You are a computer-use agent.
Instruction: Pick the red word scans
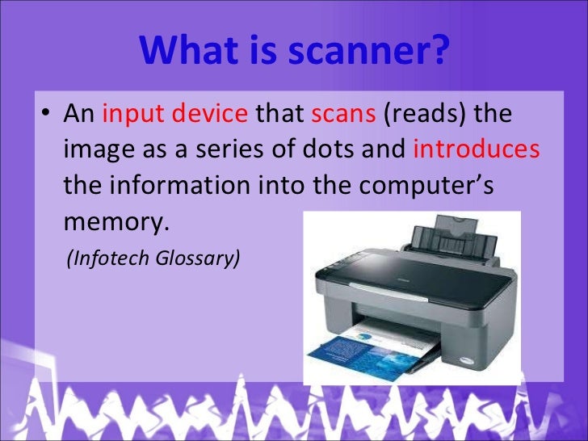pos(343,115)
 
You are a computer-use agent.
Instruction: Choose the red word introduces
pos(476,150)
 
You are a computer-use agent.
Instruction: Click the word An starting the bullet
pos(79,115)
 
